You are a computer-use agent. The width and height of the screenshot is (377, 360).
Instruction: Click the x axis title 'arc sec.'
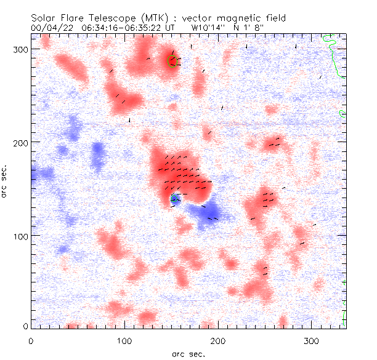[x=188, y=353]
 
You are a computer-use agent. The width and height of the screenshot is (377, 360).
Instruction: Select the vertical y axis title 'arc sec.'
[x=5, y=181]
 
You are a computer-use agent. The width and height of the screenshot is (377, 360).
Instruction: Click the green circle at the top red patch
[x=172, y=60]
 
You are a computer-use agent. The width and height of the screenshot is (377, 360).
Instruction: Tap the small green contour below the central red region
[x=175, y=198]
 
